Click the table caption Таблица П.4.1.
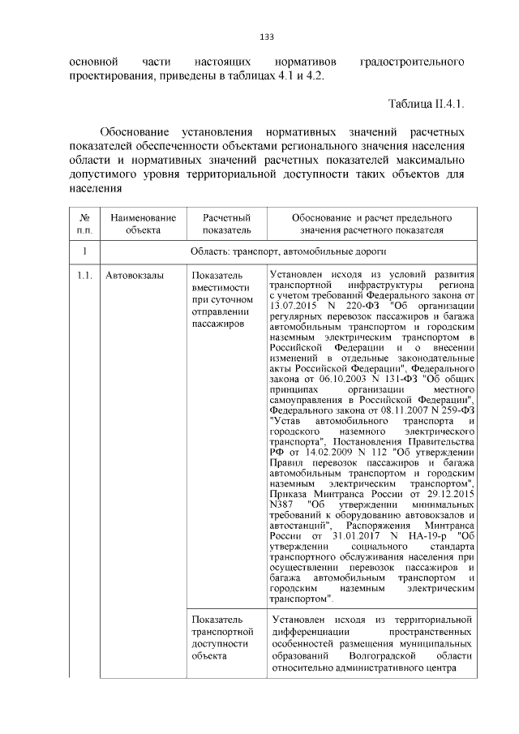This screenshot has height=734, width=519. [427, 105]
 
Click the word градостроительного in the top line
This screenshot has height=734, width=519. [411, 62]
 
